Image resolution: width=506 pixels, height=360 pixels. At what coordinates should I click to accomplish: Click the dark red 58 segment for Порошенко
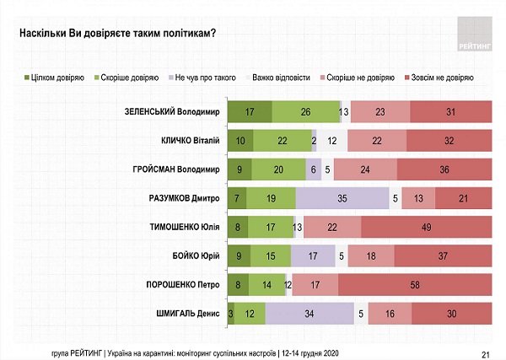pos(414,285)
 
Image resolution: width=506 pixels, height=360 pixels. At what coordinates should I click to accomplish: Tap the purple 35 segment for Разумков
pos(341,198)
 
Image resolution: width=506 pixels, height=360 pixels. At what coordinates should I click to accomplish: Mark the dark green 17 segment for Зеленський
pos(250,112)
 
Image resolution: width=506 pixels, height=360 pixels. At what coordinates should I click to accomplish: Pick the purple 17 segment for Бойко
pos(310,256)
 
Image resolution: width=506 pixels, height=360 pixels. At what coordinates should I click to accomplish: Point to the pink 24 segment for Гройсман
pos(365,169)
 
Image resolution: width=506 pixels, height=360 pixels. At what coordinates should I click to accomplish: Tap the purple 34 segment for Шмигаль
pos(310,314)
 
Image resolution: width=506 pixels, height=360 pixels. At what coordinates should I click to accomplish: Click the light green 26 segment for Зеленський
pos(304,112)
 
